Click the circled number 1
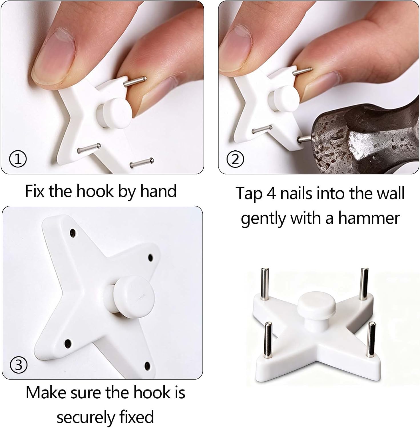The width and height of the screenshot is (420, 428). coord(18,159)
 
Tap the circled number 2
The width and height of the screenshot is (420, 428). coord(235,159)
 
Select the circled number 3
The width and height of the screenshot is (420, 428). coord(19,365)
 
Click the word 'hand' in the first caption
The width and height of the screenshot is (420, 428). coord(158,191)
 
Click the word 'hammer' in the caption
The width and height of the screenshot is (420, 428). coord(369,218)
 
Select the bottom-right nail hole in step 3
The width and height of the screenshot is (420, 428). coord(147,365)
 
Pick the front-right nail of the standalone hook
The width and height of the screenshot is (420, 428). coord(371,340)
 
